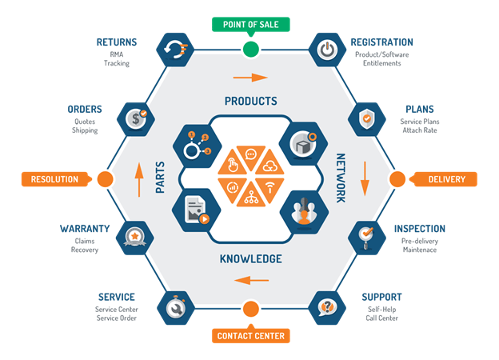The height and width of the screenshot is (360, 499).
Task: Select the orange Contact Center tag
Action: [x=251, y=336]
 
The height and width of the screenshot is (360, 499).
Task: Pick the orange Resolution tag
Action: [x=54, y=179]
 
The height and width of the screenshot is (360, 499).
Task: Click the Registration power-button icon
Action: [x=325, y=49]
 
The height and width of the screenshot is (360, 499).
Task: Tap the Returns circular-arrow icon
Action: [x=175, y=49]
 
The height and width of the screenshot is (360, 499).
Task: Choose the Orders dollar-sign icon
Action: [x=137, y=118]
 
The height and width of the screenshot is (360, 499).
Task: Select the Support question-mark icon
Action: [x=325, y=306]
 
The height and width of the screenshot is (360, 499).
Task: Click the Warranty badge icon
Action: [x=137, y=237]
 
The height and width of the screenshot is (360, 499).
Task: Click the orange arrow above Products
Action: [x=251, y=78]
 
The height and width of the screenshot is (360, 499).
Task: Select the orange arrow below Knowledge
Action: [x=251, y=280]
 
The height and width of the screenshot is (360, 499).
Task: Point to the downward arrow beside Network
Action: [x=365, y=178]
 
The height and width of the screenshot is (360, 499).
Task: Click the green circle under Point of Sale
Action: [x=251, y=50]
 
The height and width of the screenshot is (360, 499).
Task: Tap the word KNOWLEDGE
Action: [x=251, y=259]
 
